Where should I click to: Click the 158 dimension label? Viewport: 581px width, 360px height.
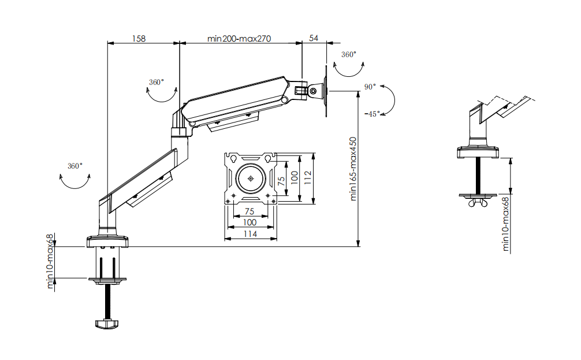[139, 39]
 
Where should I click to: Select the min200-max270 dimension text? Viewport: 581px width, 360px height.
[239, 39]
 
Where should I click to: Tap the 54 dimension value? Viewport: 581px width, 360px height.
[314, 38]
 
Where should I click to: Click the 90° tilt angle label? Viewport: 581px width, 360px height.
[370, 87]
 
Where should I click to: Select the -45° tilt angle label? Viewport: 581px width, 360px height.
[373, 114]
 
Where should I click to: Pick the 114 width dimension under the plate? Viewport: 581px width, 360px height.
[250, 234]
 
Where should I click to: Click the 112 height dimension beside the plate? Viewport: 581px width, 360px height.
[308, 178]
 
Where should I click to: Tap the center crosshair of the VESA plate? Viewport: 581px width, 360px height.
[251, 179]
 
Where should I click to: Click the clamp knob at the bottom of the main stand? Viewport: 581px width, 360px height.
[107, 324]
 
